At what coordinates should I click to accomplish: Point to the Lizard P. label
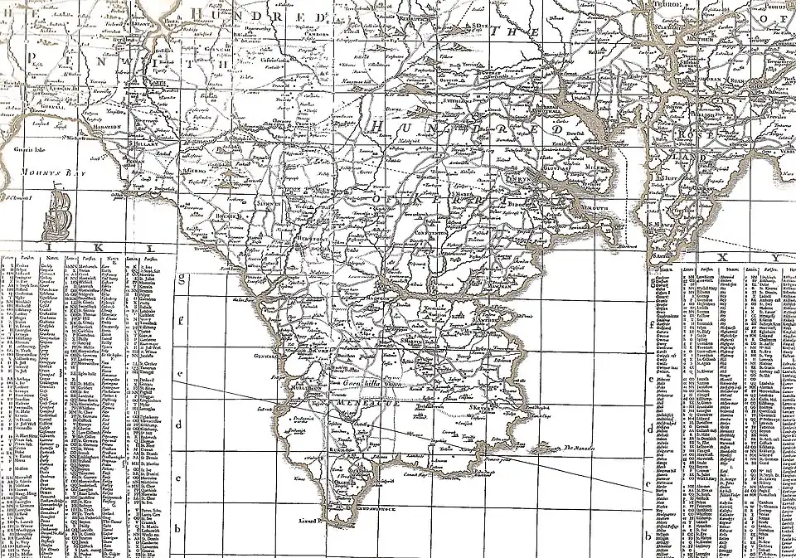click(308, 520)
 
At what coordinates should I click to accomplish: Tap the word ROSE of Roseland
click(684, 134)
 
